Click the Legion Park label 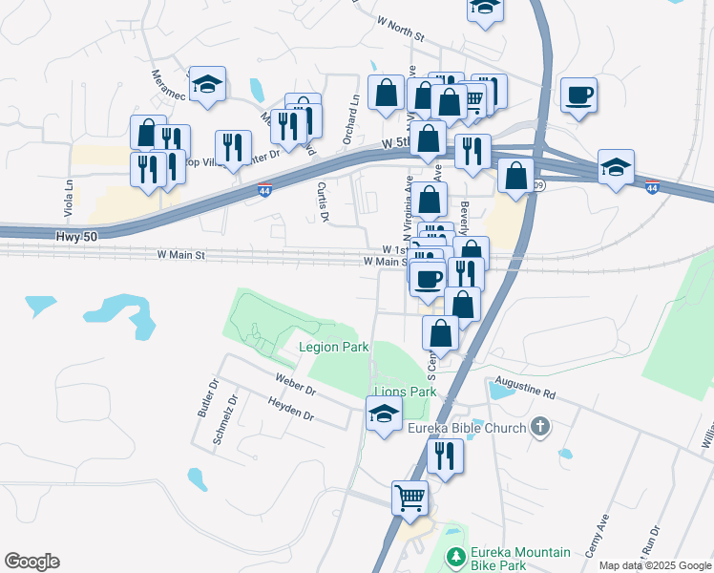[333, 347]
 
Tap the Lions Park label [405, 392]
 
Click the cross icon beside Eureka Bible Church [541, 427]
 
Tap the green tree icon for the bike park [457, 556]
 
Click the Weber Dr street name [295, 386]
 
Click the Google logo [31, 562]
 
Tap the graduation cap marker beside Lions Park [384, 415]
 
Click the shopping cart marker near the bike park [409, 498]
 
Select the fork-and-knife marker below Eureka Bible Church [445, 456]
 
